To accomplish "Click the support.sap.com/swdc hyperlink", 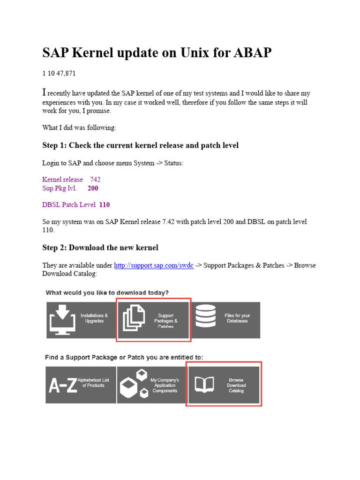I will click(x=154, y=265).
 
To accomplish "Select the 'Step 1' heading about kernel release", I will click(x=140, y=145).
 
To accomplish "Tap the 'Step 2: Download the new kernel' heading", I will click(x=100, y=247).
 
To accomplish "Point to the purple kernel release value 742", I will click(x=95, y=180).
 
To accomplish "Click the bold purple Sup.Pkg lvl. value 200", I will click(x=93, y=188).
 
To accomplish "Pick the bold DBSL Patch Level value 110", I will click(x=105, y=205).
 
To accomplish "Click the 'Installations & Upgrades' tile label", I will click(x=94, y=318).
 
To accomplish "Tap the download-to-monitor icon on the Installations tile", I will click(x=62, y=319).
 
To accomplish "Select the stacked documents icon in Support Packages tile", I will click(x=135, y=320).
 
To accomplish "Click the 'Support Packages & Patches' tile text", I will click(x=166, y=321).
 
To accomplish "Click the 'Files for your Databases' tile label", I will click(x=237, y=318).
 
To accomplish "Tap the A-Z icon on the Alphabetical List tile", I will click(x=63, y=385).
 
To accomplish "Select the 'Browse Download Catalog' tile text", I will click(x=236, y=385).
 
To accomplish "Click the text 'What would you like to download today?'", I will click(x=107, y=292).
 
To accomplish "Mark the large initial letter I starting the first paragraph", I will click(x=45, y=92).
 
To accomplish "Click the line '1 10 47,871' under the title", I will click(x=59, y=74).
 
